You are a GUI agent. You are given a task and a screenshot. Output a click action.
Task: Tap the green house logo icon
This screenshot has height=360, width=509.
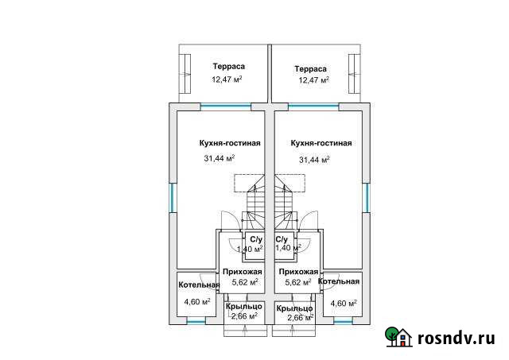[x=399, y=338]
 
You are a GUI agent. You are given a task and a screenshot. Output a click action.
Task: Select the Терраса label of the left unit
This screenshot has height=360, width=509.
[x=228, y=67]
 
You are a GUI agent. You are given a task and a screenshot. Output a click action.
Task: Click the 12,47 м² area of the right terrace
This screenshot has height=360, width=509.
[x=314, y=80]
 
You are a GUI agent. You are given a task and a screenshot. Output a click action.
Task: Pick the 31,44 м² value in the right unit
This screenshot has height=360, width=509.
[x=315, y=160]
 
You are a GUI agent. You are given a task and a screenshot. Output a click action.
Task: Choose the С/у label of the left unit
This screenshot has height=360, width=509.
[x=256, y=239]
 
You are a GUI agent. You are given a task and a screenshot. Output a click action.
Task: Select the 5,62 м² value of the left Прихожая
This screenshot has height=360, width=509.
[x=245, y=282]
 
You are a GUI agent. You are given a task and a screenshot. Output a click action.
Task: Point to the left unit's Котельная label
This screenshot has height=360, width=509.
[x=199, y=285]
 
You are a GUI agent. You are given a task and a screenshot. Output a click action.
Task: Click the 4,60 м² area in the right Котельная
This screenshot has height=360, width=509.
[x=344, y=302]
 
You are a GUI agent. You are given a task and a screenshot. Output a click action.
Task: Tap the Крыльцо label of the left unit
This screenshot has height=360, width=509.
[x=243, y=307]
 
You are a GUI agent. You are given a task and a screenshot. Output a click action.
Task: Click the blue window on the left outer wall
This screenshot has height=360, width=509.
[x=170, y=199]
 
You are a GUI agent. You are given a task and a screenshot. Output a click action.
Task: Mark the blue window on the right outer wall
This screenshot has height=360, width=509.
[x=367, y=199]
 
